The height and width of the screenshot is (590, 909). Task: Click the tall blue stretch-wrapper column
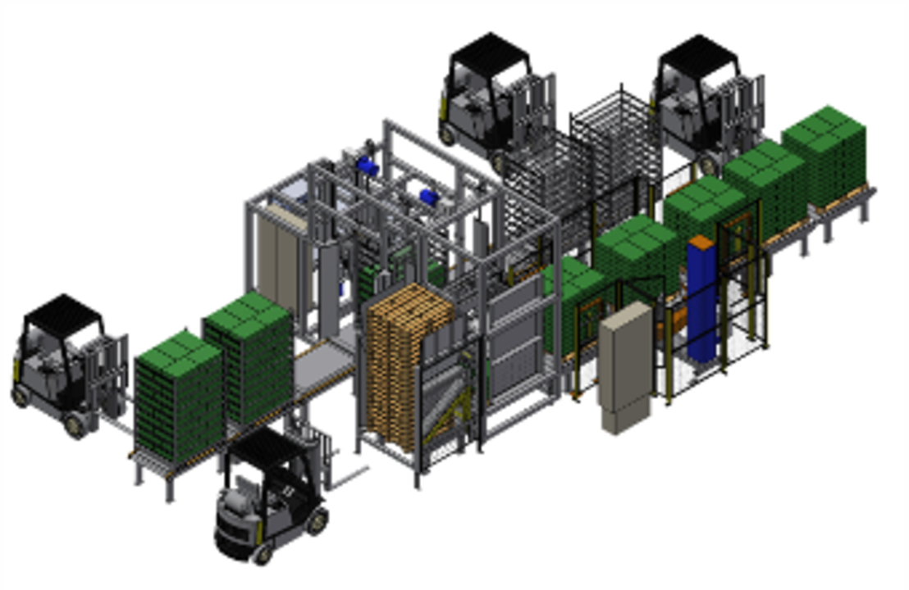pyautogui.click(x=703, y=303)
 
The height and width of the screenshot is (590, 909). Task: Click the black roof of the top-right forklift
pyautogui.click(x=697, y=57)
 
